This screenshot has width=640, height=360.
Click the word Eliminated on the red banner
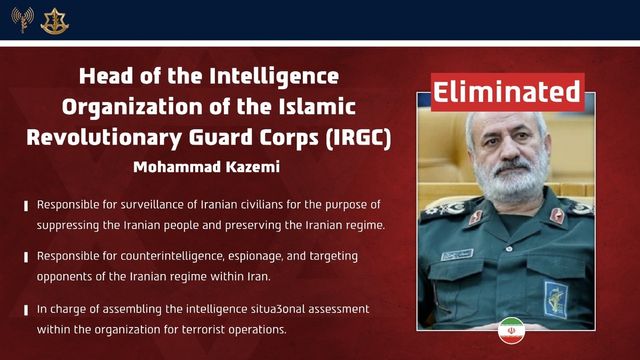pos(506,91)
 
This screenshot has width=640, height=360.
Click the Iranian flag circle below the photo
pos(511,328)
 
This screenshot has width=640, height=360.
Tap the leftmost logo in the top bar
pos(22,19)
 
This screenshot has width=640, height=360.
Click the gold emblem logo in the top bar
pos(54,20)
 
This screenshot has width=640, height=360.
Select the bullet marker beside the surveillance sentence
pos(26,206)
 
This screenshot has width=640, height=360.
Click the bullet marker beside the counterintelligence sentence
pos(26,257)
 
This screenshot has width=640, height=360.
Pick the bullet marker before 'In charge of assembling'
pos(26,309)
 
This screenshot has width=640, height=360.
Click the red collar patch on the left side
pos(476,216)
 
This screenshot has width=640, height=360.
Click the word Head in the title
pos(103,76)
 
